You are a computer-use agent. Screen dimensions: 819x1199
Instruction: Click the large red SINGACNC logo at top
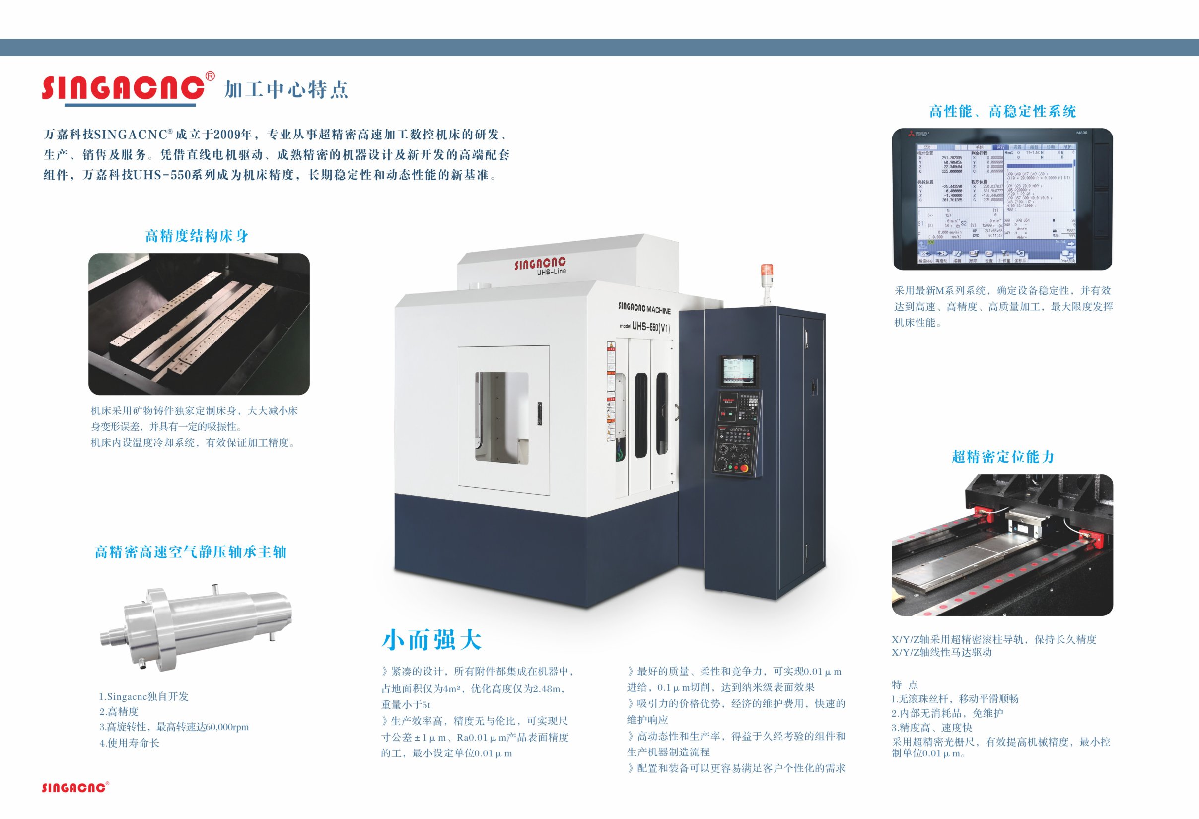point(123,88)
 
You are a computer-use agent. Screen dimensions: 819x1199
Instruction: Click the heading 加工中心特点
point(286,90)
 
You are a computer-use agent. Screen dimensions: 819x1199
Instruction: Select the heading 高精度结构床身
point(197,236)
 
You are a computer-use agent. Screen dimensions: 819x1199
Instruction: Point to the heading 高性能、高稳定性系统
point(1002,111)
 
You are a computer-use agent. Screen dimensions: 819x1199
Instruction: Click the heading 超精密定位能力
point(1002,457)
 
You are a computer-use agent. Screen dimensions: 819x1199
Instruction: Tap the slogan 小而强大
point(431,640)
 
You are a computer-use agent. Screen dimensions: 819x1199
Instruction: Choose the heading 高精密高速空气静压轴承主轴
point(190,552)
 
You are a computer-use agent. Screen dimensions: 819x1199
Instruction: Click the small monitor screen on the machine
point(738,370)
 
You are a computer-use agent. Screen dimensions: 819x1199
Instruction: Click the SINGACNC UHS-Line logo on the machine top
point(540,265)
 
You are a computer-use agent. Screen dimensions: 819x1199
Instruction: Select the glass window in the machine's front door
point(501,417)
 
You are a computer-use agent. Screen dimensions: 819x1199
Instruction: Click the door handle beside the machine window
point(540,413)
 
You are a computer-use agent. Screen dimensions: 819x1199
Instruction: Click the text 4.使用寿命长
point(129,743)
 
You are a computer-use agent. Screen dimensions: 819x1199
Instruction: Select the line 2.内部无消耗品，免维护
point(947,713)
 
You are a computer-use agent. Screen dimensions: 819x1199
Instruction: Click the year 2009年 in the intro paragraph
point(232,135)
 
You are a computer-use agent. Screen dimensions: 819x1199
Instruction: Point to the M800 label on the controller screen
point(1081,133)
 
